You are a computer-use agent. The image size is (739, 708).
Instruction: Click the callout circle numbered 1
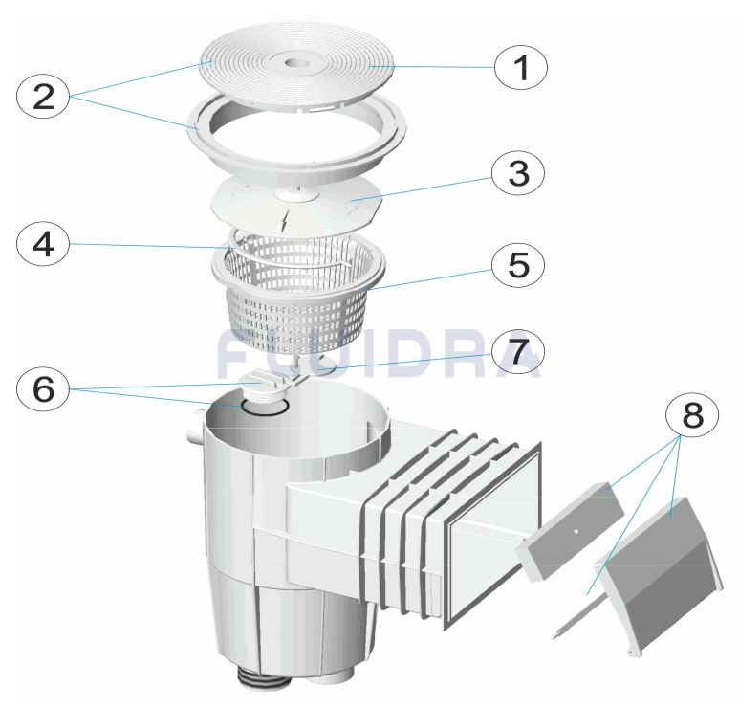coord(521,67)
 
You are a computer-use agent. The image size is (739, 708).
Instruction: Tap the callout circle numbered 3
coord(518,173)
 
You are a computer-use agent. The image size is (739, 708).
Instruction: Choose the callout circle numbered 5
coord(518,266)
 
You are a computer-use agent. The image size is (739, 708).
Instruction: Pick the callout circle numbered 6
coord(43,389)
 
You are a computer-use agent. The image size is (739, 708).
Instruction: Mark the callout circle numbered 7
coord(518,352)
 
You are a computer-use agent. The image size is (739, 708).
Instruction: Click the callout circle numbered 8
coord(692,416)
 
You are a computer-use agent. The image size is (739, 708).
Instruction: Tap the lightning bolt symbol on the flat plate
coord(284,221)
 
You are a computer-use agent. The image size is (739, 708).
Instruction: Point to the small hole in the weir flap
coord(576,531)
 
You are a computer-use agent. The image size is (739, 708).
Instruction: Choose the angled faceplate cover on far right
coord(660,578)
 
